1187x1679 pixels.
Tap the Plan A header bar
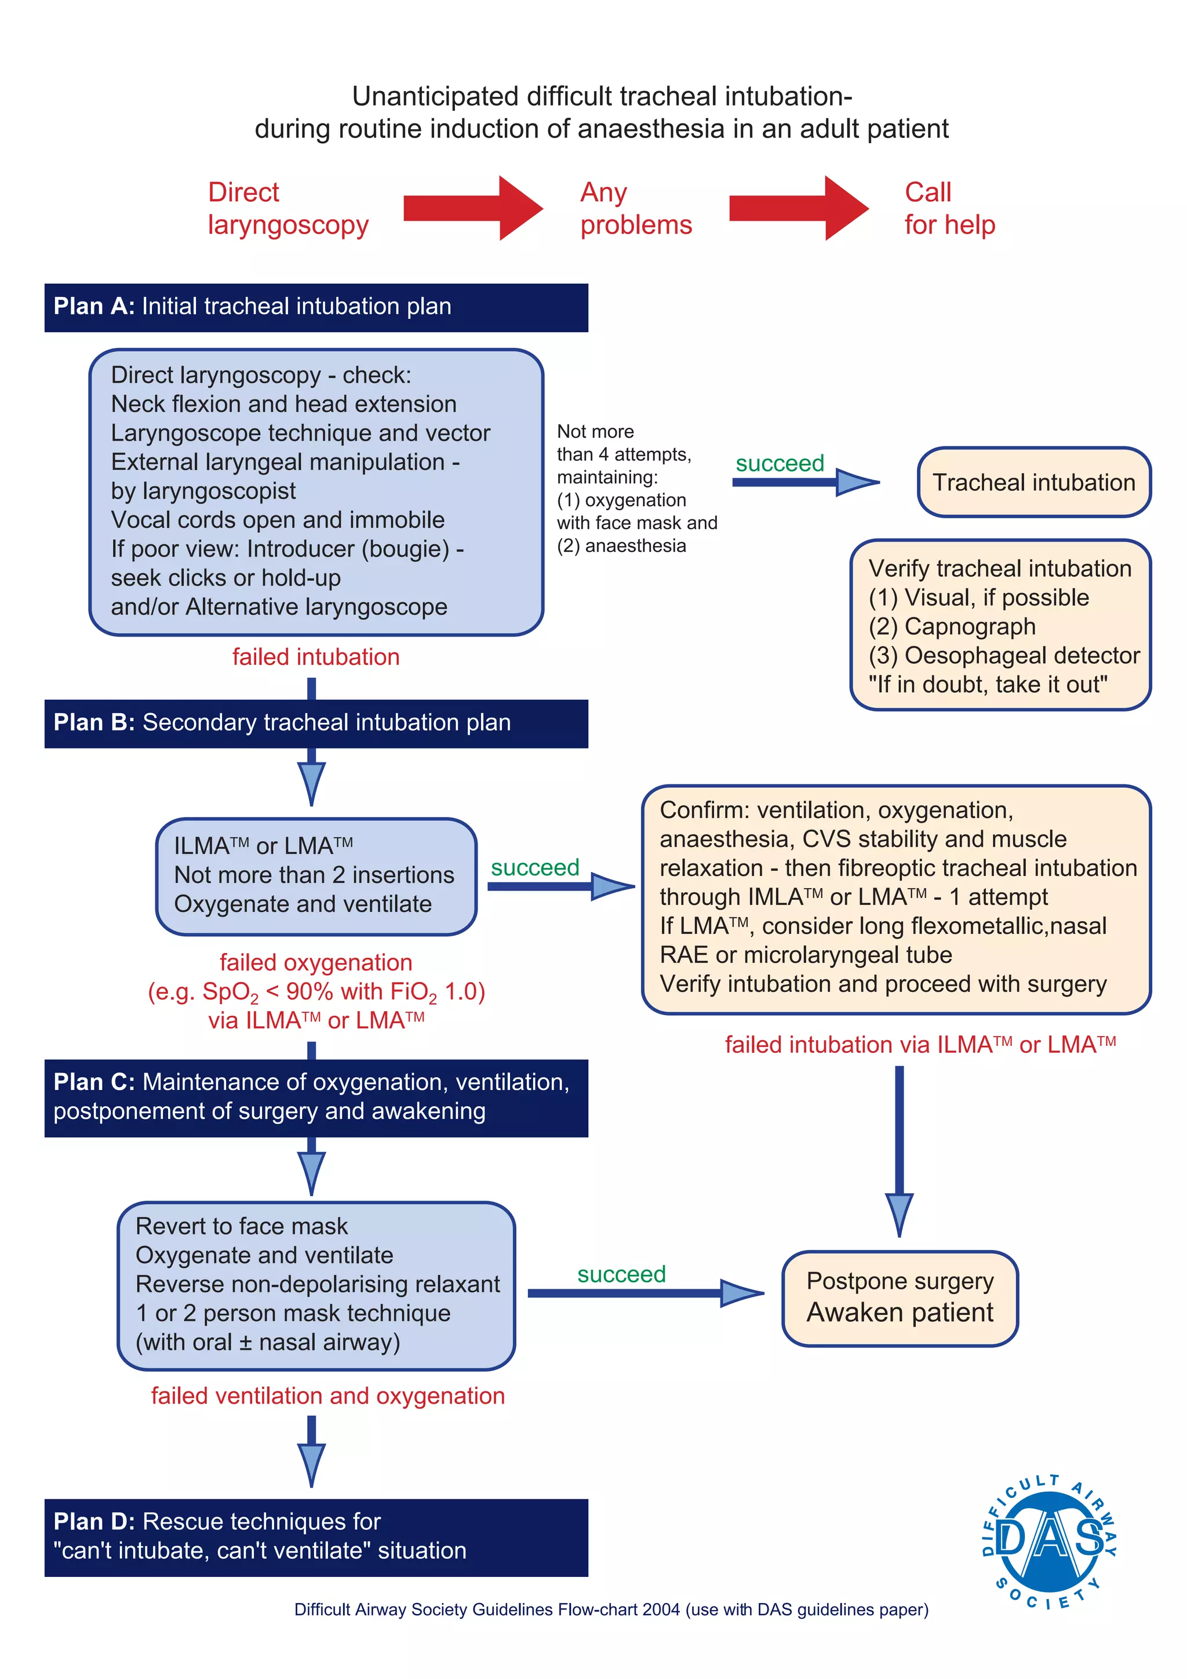[316, 307]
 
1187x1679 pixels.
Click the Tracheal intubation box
[1033, 482]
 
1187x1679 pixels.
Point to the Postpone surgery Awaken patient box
[900, 1298]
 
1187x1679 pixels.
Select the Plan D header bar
[316, 1536]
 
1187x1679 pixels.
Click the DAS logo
[1050, 1542]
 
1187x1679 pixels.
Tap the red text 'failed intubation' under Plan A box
[316, 657]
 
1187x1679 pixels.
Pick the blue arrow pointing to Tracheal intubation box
[804, 482]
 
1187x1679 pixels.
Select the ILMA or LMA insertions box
[316, 875]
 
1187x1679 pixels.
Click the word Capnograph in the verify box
[969, 627]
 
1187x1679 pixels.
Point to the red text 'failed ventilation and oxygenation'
[327, 1395]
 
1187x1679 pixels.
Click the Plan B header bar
[316, 723]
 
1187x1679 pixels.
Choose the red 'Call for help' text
[949, 208]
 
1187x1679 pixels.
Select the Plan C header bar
[316, 1097]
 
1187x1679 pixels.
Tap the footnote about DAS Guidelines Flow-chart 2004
[611, 1609]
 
